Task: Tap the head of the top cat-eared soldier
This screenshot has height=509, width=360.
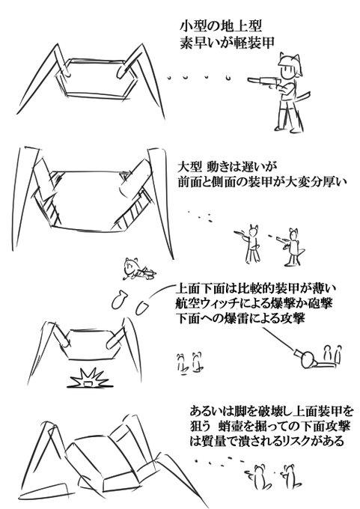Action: pyautogui.click(x=289, y=67)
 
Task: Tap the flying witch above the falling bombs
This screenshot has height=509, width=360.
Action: pyautogui.click(x=138, y=269)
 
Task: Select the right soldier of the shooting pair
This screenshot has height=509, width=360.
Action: pyautogui.click(x=292, y=247)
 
